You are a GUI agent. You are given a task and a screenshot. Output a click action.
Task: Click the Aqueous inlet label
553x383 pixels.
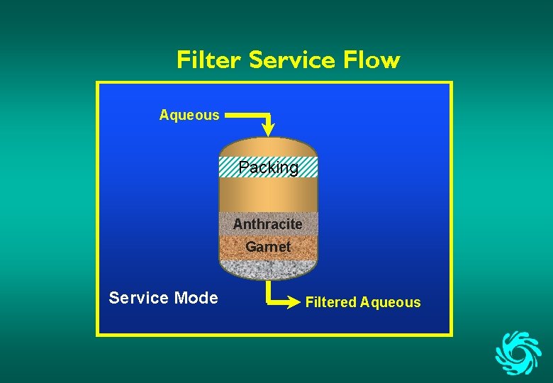(189, 115)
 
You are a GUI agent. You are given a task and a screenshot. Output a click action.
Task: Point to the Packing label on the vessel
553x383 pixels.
(268, 167)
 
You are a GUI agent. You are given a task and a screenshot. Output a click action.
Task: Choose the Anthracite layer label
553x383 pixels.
(268, 224)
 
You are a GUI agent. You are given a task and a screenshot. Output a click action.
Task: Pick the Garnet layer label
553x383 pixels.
(268, 247)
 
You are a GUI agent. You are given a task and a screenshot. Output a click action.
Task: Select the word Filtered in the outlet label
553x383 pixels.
(330, 302)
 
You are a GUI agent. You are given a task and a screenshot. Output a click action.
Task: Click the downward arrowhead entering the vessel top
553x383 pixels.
(269, 128)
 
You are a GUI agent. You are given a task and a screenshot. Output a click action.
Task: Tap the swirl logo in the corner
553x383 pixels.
(518, 351)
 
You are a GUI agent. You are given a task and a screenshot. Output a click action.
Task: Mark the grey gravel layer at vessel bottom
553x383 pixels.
(268, 269)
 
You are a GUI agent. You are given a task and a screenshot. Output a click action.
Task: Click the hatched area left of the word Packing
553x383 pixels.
(228, 167)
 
